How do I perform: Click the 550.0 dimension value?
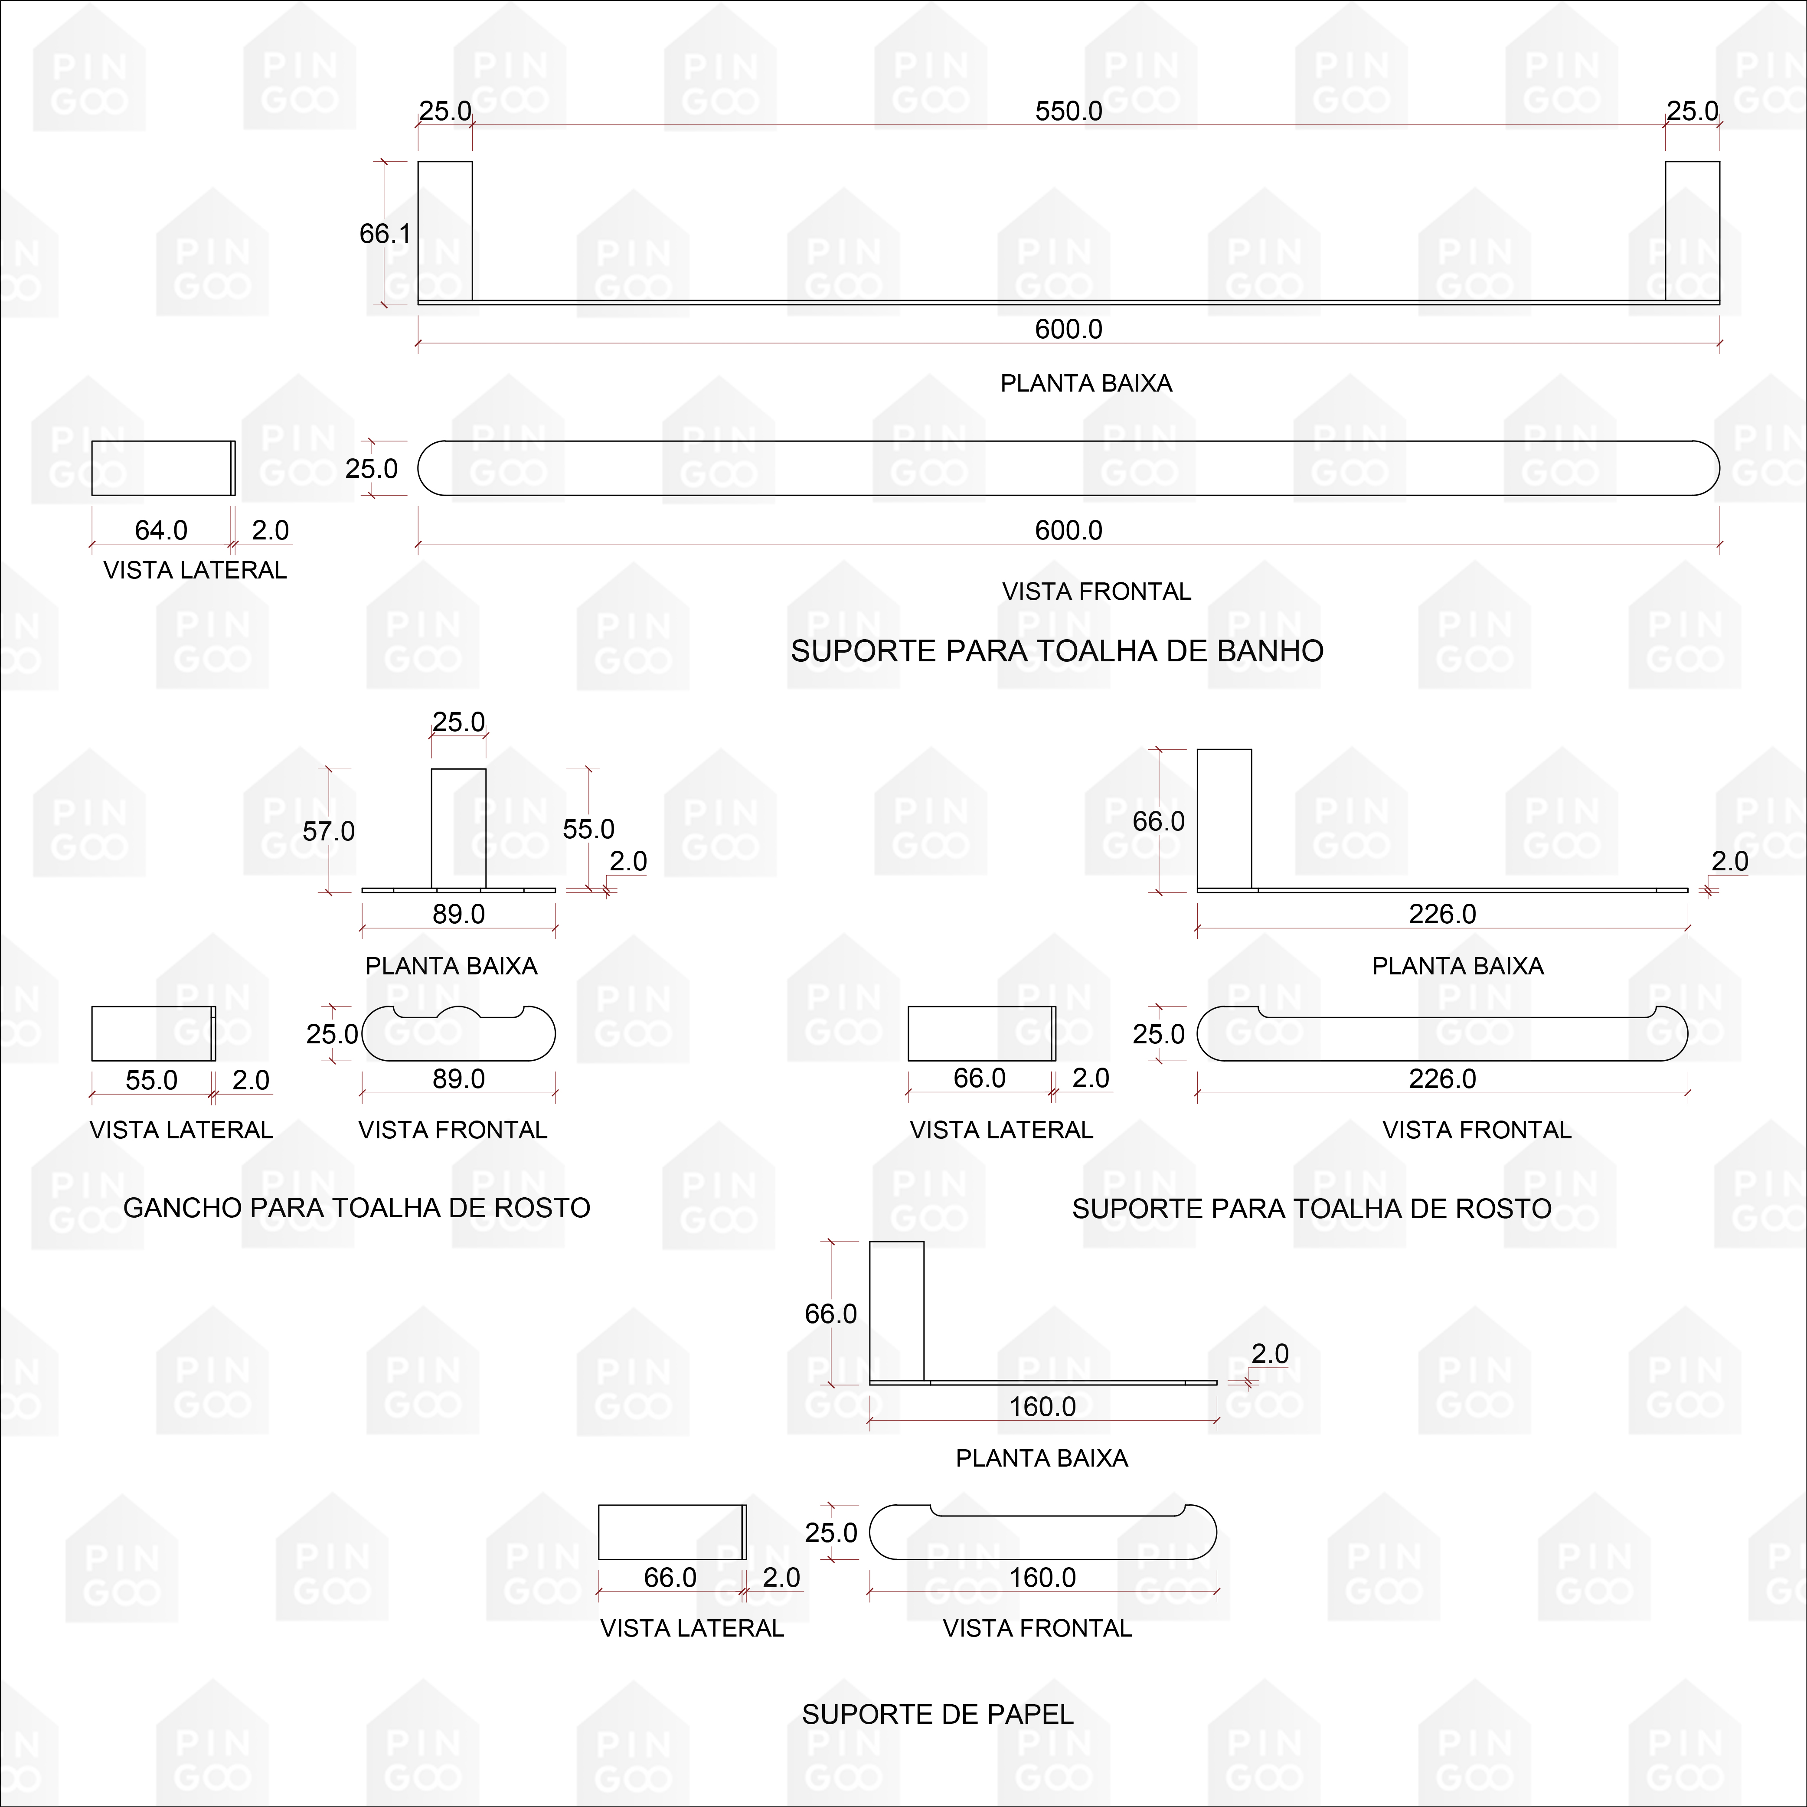tap(1068, 111)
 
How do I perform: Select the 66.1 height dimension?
tap(384, 233)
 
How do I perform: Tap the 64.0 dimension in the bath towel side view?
tap(161, 530)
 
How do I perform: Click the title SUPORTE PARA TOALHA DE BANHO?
tap(1057, 651)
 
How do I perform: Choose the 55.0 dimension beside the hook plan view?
tap(588, 829)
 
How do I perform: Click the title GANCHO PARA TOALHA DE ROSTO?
tap(356, 1207)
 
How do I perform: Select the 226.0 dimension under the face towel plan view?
tap(1442, 914)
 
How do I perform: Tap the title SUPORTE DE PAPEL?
tap(937, 1714)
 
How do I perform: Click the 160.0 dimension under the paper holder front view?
tap(1042, 1578)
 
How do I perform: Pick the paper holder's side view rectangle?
tap(670, 1532)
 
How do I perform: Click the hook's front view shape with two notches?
tap(458, 1038)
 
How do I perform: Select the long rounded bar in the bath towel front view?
tap(1068, 467)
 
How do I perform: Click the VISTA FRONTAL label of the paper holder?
tap(1036, 1628)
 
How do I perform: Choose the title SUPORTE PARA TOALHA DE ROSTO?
tap(1311, 1209)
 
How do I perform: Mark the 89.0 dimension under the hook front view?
tap(458, 1078)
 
